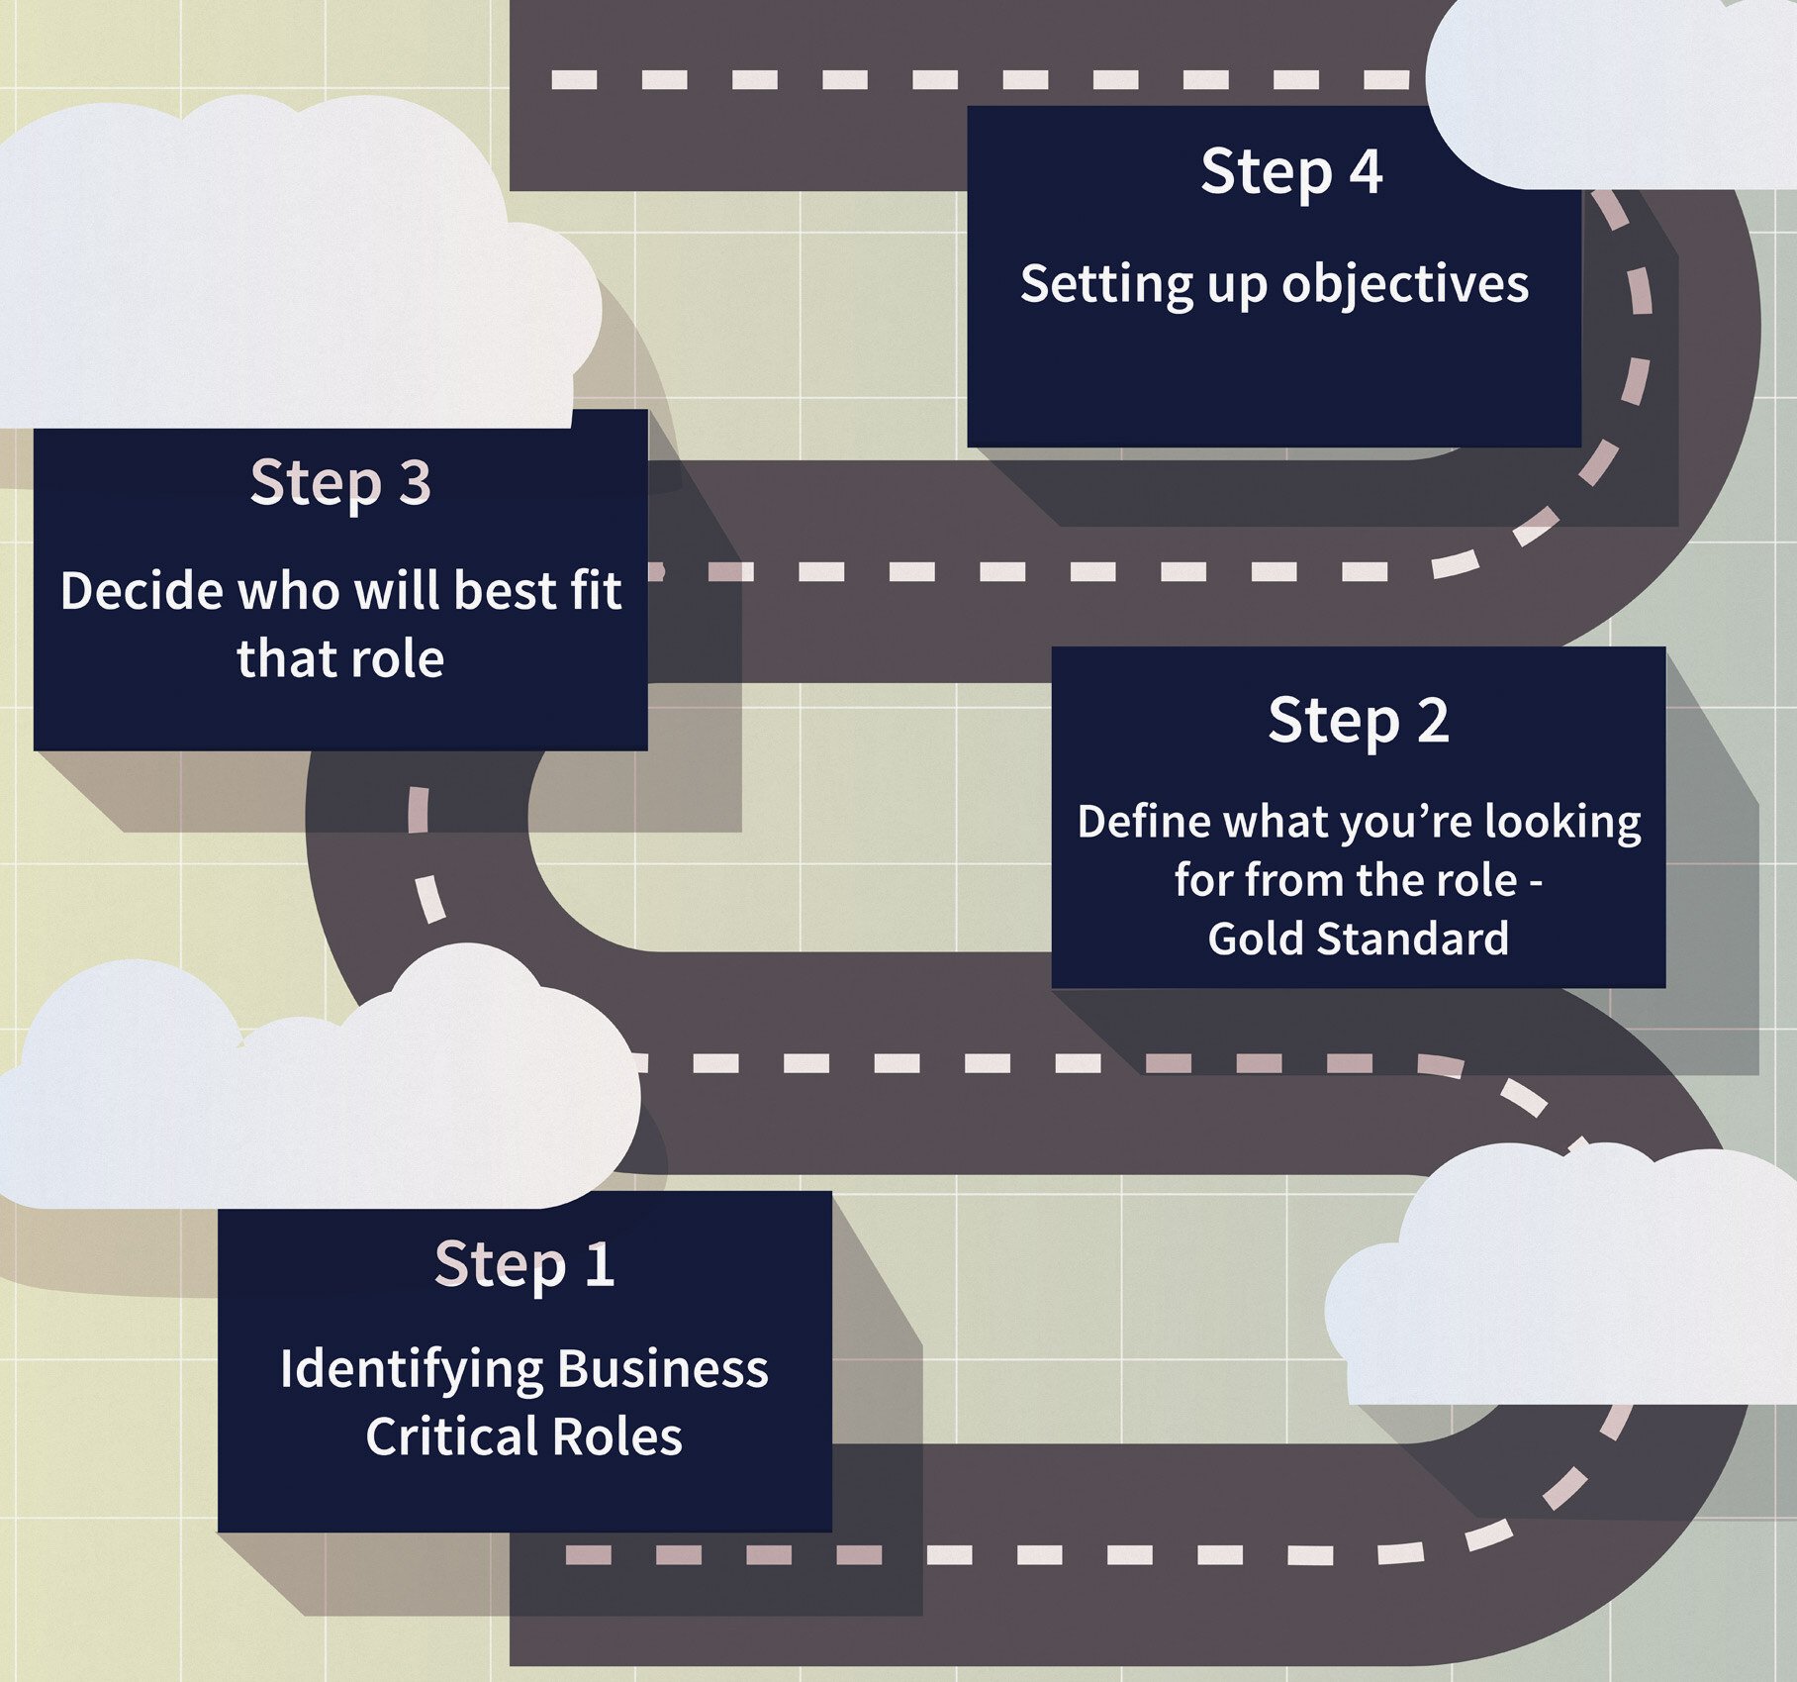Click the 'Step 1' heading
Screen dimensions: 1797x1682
524,1264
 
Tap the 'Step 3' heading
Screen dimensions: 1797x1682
340,483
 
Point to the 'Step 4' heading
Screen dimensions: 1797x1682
1291,172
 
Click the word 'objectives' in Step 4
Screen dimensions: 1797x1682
1405,285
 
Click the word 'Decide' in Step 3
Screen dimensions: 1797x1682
141,591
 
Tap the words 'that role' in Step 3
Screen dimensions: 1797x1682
340,659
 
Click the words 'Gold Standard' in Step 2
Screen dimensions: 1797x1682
1358,939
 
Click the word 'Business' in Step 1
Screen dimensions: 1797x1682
662,1369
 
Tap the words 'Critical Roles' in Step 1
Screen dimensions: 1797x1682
523,1436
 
